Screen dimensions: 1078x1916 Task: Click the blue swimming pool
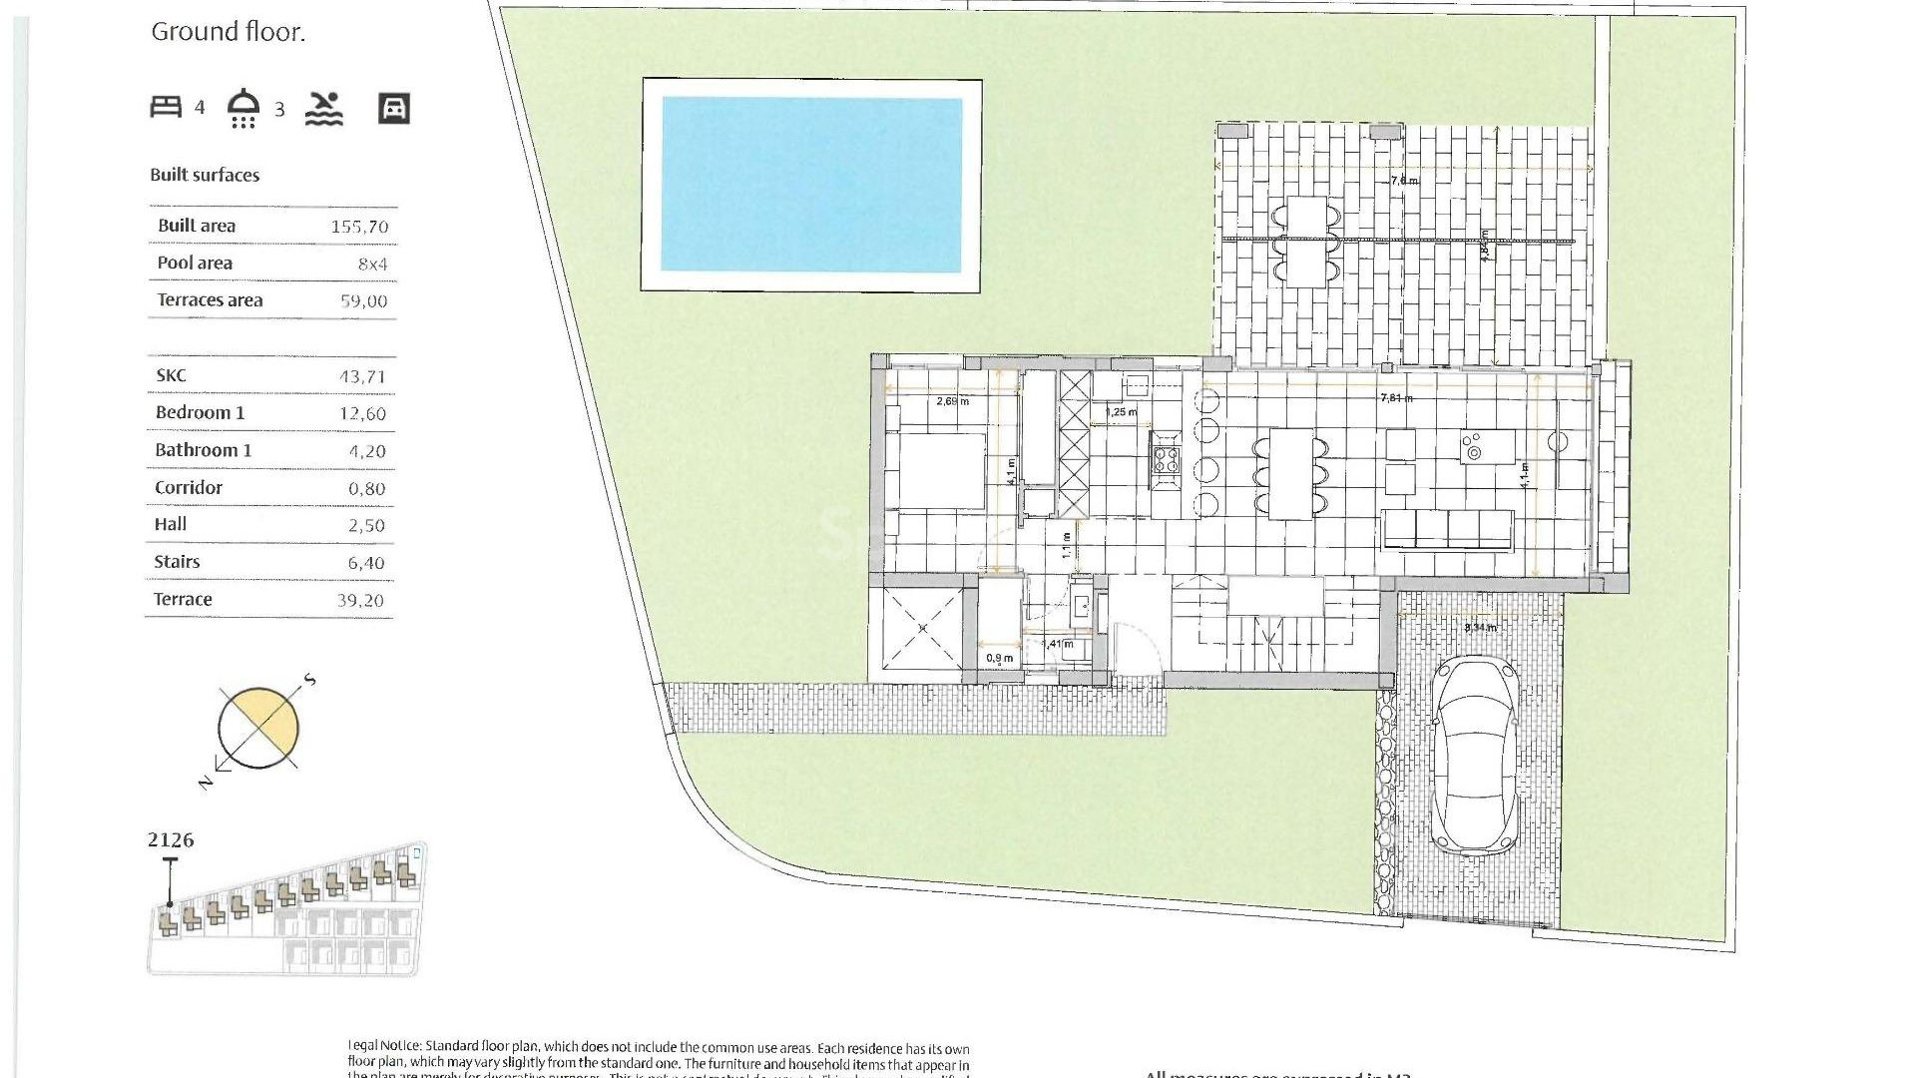click(x=811, y=185)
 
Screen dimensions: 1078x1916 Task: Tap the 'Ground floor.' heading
click(x=228, y=32)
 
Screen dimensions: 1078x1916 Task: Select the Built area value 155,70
click(x=359, y=227)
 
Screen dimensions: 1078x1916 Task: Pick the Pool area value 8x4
click(x=372, y=265)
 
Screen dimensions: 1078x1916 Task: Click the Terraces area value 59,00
click(x=363, y=301)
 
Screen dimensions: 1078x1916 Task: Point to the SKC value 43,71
click(x=361, y=377)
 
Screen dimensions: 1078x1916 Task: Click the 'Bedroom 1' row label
click(x=200, y=412)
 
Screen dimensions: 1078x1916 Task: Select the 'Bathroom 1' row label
click(x=203, y=450)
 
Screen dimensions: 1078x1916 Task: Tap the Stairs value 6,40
click(x=365, y=563)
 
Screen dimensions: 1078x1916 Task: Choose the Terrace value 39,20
click(x=360, y=600)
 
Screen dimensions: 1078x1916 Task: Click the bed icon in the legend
click(x=166, y=107)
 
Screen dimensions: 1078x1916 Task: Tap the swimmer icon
click(x=324, y=108)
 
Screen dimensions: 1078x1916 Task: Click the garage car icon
click(x=394, y=108)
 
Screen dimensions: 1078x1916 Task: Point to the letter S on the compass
click(x=310, y=680)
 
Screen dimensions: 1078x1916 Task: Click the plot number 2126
click(x=171, y=840)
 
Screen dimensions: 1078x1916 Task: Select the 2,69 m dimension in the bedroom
click(x=952, y=401)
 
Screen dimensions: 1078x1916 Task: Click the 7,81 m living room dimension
click(x=1396, y=398)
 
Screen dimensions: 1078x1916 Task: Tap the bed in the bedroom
click(x=939, y=471)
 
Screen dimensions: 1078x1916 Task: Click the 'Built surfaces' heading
click(x=205, y=175)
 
